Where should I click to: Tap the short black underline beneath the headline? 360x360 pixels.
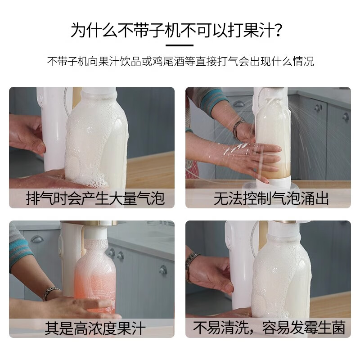[180, 45]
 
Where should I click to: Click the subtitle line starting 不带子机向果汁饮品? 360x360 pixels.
[180, 62]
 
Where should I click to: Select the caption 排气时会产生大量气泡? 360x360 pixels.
[95, 198]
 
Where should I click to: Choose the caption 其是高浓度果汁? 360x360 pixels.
[95, 328]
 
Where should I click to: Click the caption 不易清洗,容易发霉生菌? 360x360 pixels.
[269, 328]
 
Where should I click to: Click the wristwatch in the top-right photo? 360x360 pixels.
[238, 128]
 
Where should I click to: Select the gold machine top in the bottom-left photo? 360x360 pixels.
[90, 223]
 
